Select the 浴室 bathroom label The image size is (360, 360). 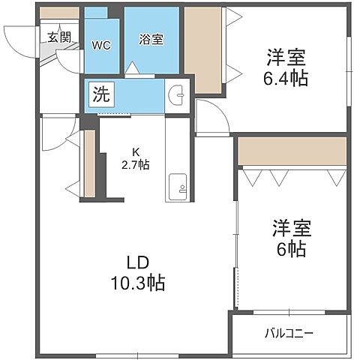pos(151,39)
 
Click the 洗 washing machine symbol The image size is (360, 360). pos(100,95)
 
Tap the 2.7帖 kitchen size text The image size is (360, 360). pos(136,165)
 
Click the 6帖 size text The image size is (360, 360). pos(289,249)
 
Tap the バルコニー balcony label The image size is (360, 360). pos(289,332)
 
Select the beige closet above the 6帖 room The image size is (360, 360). pos(292,151)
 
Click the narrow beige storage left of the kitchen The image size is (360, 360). pos(89,164)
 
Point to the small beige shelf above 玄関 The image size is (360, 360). pos(60,13)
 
